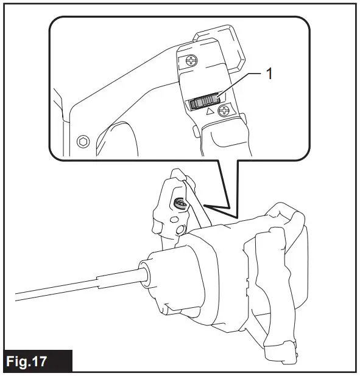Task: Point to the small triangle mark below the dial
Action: click(210, 113)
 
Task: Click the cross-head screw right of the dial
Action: click(225, 111)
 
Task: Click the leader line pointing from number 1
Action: click(238, 84)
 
